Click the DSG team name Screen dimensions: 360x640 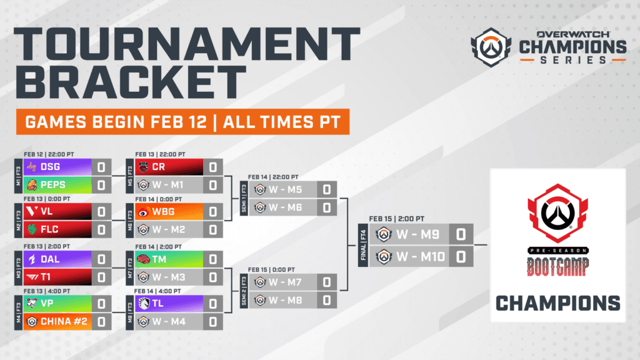[51, 167]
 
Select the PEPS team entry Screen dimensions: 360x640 [54, 185]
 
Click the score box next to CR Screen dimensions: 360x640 [212, 167]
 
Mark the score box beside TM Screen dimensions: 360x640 [212, 259]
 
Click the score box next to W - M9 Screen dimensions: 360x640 [460, 236]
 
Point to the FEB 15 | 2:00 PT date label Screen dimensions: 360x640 [396, 219]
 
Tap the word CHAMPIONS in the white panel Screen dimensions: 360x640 [557, 303]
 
